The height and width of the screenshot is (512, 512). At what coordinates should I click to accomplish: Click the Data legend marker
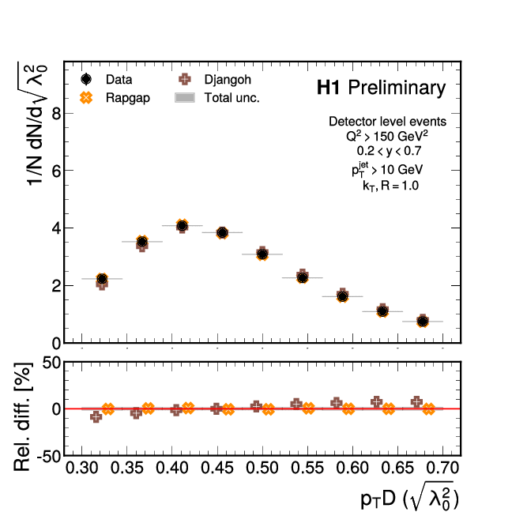pyautogui.click(x=87, y=80)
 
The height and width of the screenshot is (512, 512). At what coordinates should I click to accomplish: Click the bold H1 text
pyautogui.click(x=329, y=88)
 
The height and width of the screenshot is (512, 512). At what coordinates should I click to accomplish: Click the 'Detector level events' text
pyautogui.click(x=387, y=122)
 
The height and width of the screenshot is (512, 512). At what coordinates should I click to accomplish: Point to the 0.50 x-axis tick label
pyautogui.click(x=262, y=469)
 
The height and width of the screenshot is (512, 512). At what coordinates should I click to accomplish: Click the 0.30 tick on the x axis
pyautogui.click(x=82, y=469)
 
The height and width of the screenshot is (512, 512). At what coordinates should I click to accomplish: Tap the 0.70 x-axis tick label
pyautogui.click(x=442, y=469)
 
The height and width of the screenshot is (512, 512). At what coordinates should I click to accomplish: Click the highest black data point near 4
pyautogui.click(x=182, y=226)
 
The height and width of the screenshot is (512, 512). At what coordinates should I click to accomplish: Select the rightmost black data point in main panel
pyautogui.click(x=423, y=322)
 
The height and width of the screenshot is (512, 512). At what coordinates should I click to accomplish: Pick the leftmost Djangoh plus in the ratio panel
pyautogui.click(x=96, y=416)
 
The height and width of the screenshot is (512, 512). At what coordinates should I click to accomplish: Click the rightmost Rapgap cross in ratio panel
pyautogui.click(x=429, y=409)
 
